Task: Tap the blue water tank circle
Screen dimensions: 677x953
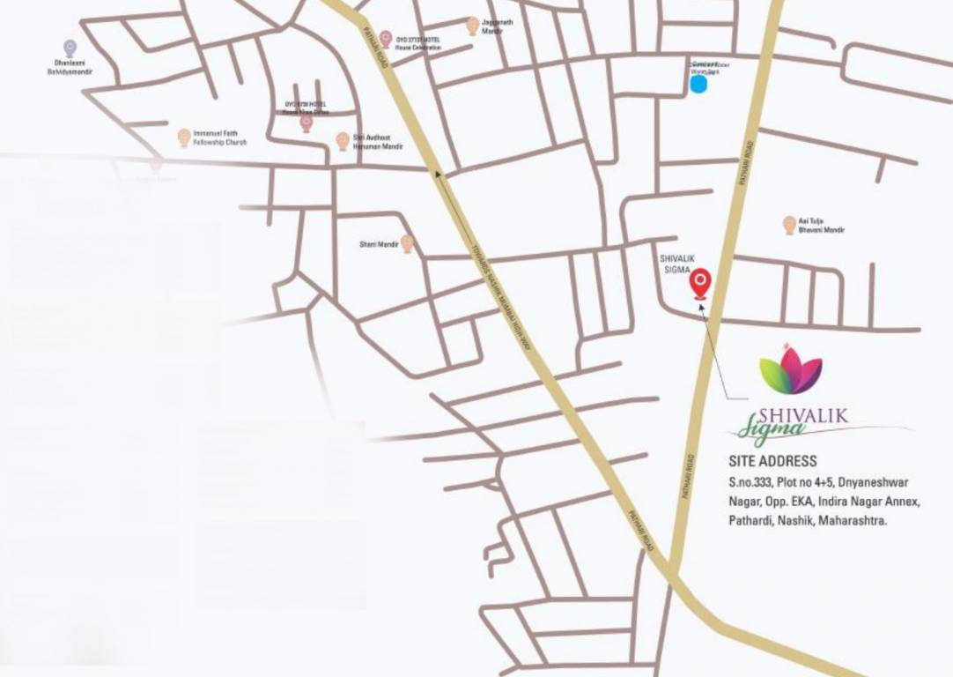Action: tap(698, 85)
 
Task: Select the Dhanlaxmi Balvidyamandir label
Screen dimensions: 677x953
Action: tap(70, 68)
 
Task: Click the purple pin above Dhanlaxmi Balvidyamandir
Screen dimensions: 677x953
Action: tap(70, 48)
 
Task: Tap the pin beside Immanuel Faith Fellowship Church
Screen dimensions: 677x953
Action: tap(183, 138)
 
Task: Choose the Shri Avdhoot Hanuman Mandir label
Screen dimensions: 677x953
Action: tap(378, 142)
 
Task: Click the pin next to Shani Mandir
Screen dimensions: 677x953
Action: tap(407, 243)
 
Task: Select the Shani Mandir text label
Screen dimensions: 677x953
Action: tap(379, 244)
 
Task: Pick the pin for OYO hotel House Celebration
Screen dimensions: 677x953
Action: tap(385, 39)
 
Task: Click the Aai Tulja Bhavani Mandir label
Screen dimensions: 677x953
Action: tap(821, 226)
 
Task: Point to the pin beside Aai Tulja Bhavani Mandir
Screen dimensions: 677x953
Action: tap(789, 225)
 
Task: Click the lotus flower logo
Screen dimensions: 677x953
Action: tap(791, 370)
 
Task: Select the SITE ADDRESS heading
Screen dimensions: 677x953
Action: tap(772, 461)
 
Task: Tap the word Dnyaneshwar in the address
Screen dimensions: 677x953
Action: tap(873, 482)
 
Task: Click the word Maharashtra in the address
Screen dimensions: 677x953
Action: tap(853, 521)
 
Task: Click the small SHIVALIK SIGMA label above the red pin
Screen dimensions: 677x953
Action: tap(676, 264)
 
